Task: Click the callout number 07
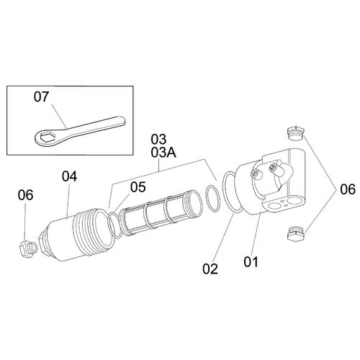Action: pos(41,97)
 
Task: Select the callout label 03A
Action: pos(163,153)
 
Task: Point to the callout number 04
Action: pos(69,176)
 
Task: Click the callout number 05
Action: pos(138,187)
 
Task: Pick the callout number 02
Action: pos(210,269)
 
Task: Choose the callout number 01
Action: pos(251,262)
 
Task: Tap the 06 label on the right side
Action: pos(348,189)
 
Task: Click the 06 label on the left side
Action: pos(25,195)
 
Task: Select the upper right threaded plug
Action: pos(296,133)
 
